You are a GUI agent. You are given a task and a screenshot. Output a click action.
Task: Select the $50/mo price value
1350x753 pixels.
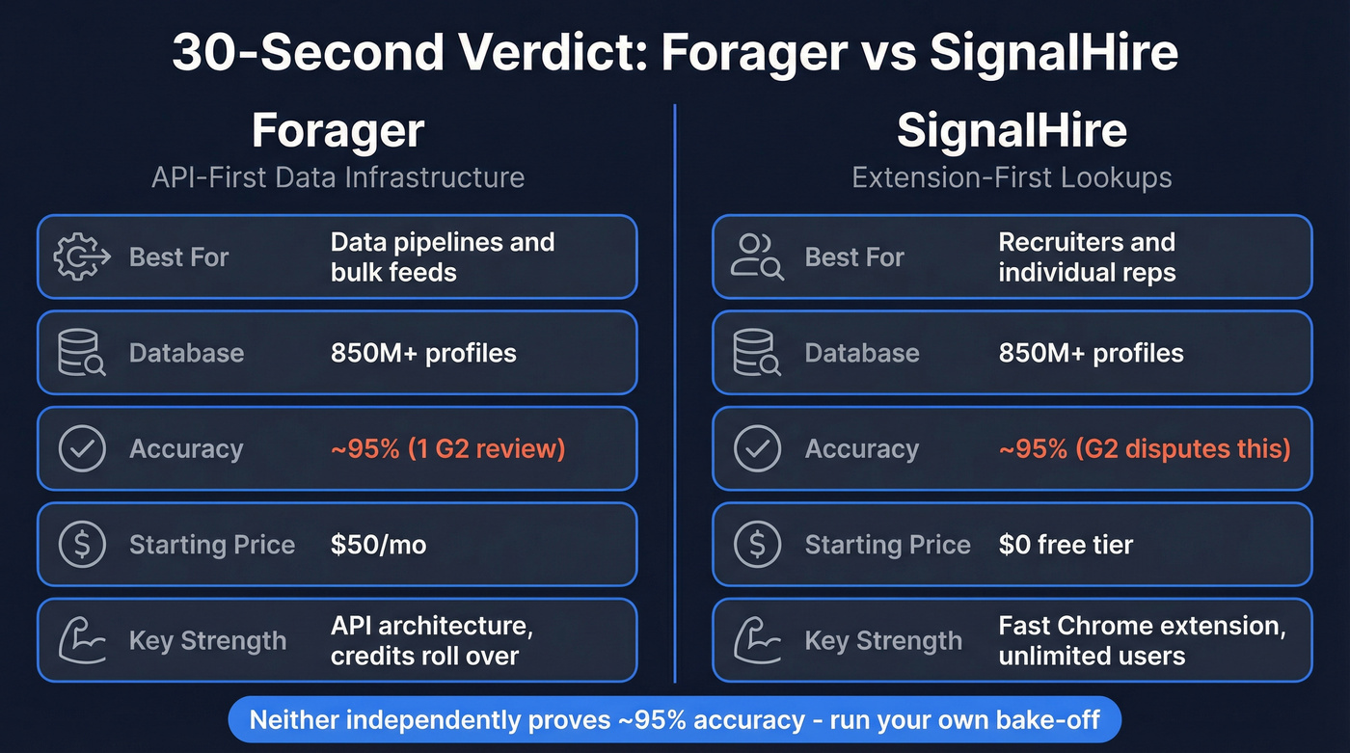point(378,545)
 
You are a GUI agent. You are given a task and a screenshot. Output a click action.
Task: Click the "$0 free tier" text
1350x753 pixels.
point(1066,545)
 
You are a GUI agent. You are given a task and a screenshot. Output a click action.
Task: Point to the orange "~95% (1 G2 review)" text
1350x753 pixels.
point(447,448)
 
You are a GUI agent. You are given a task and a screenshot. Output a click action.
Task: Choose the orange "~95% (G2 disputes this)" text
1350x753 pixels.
point(1145,448)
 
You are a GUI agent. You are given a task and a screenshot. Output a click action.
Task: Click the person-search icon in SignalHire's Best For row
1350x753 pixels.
point(757,257)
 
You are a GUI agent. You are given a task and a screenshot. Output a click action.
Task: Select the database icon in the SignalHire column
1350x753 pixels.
point(757,353)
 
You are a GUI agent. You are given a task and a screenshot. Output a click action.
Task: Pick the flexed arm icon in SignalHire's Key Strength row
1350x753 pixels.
point(757,640)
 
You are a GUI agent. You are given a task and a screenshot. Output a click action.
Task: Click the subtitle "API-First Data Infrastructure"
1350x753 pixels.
point(337,177)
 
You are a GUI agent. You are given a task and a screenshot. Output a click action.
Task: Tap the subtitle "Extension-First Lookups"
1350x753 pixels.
point(1012,177)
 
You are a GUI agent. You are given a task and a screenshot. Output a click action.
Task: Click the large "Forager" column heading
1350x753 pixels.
point(337,130)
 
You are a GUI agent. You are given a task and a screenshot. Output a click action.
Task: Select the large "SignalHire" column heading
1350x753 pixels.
point(1012,130)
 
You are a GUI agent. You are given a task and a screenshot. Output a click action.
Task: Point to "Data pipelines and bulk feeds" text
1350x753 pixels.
point(442,256)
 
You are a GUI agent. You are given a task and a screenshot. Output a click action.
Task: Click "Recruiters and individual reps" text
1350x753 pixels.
point(1087,256)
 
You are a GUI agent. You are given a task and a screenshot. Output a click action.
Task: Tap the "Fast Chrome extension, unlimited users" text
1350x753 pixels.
point(1142,640)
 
